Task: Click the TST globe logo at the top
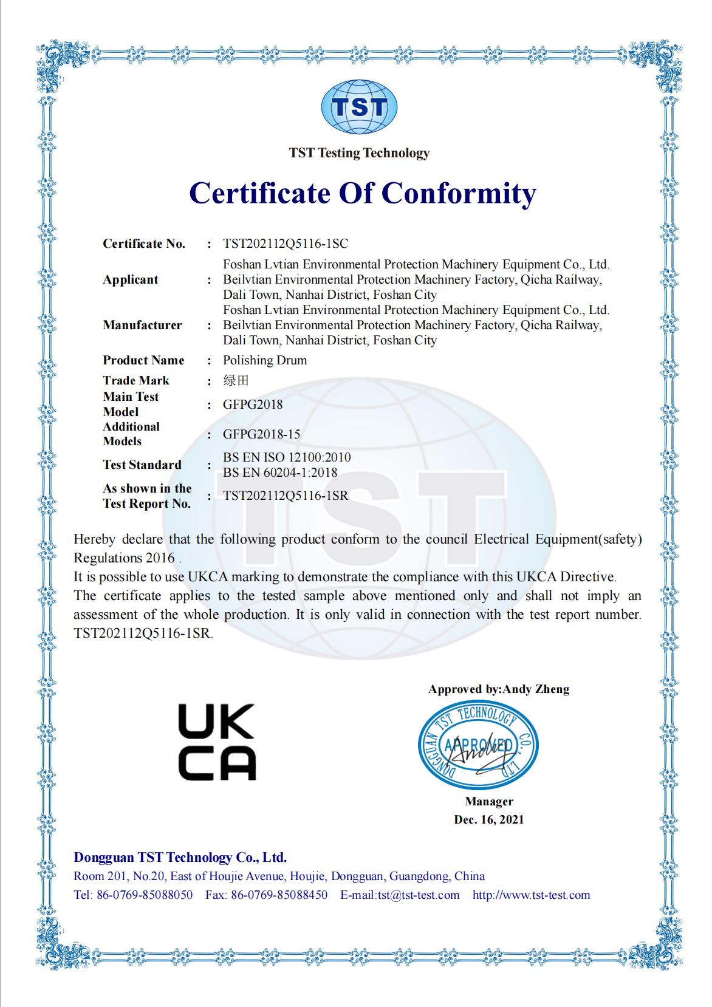[x=359, y=108]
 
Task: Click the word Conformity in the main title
[x=459, y=193]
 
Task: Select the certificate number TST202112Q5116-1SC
[x=286, y=244]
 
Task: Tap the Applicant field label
[x=130, y=279]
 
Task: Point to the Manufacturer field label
[x=142, y=325]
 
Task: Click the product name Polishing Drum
[x=265, y=360]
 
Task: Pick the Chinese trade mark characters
[x=236, y=381]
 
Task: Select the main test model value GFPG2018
[x=253, y=404]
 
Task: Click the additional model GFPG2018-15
[x=261, y=434]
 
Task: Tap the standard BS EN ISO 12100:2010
[x=287, y=457]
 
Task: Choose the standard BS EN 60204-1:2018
[x=280, y=472]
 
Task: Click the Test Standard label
[x=142, y=465]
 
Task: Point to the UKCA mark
[x=217, y=742]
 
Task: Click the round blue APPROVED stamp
[x=479, y=745]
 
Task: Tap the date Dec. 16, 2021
[x=488, y=819]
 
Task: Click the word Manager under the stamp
[x=489, y=802]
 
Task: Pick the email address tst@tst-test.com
[x=419, y=895]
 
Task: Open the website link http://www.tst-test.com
[x=531, y=895]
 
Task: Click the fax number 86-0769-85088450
[x=279, y=895]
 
